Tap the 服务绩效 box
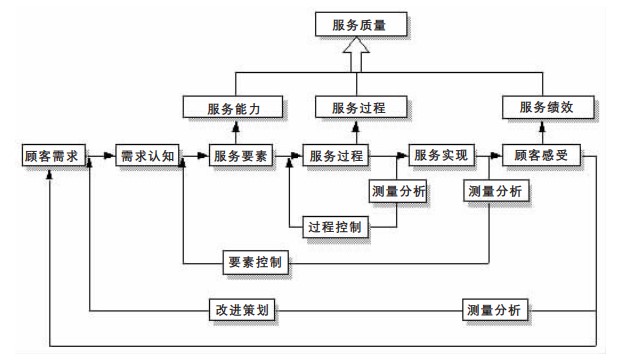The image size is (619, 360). [545, 107]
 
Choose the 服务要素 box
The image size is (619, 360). [242, 157]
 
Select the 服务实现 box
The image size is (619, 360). [439, 157]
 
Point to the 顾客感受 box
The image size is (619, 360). [541, 157]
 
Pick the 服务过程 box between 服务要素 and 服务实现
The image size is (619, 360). [336, 157]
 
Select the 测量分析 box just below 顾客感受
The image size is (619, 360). [494, 190]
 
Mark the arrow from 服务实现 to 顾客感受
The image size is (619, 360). [486, 157]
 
